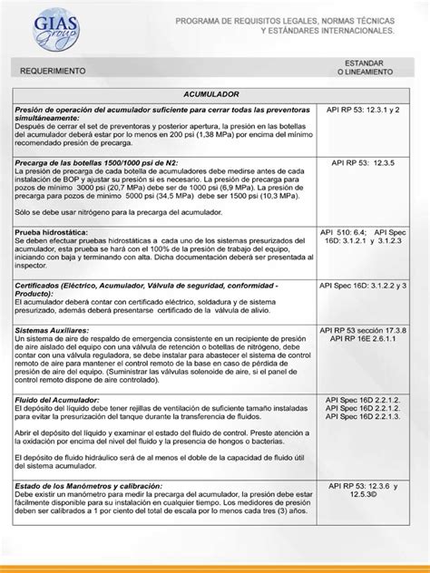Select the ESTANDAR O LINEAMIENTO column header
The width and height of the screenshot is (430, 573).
click(x=366, y=66)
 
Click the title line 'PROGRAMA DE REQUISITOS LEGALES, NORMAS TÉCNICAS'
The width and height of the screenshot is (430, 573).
click(x=284, y=19)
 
